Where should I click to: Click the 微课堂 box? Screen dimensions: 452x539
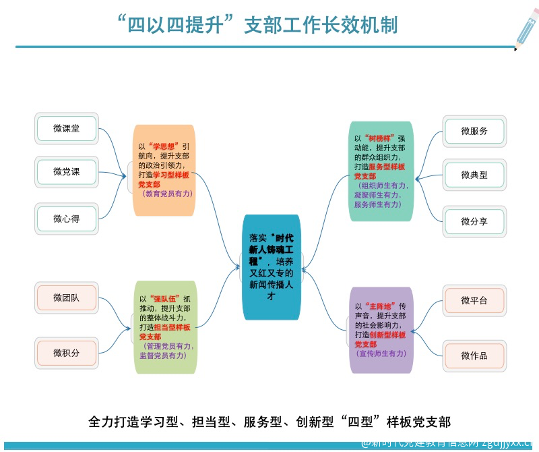pyautogui.click(x=67, y=128)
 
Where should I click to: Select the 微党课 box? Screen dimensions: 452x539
pyautogui.click(x=67, y=172)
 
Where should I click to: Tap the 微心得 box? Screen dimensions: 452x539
pyautogui.click(x=67, y=219)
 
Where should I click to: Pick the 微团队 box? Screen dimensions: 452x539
pyautogui.click(x=67, y=298)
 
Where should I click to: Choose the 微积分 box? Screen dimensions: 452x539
pyautogui.click(x=67, y=352)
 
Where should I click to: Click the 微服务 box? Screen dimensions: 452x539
pyautogui.click(x=474, y=131)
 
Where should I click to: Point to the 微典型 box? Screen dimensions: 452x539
pyautogui.click(x=474, y=175)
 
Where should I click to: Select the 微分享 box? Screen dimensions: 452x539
pyautogui.click(x=474, y=221)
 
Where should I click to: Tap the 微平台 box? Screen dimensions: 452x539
pyautogui.click(x=474, y=300)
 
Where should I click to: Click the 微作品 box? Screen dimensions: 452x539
pyautogui.click(x=474, y=355)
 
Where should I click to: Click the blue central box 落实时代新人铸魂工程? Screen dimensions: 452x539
pyautogui.click(x=271, y=267)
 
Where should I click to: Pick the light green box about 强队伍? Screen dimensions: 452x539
pyautogui.click(x=166, y=327)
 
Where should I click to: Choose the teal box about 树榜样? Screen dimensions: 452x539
pyautogui.click(x=380, y=171)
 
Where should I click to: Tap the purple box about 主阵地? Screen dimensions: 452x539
pyautogui.click(x=380, y=330)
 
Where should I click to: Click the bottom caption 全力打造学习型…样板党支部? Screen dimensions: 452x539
pyautogui.click(x=269, y=422)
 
